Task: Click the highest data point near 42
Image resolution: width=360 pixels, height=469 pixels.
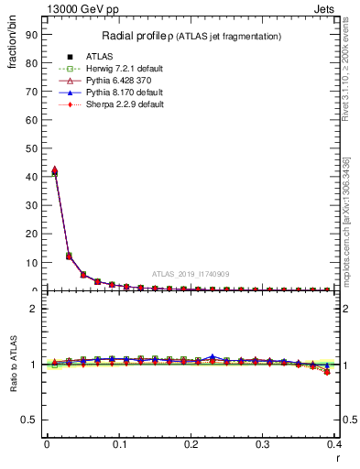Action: [54, 170]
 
